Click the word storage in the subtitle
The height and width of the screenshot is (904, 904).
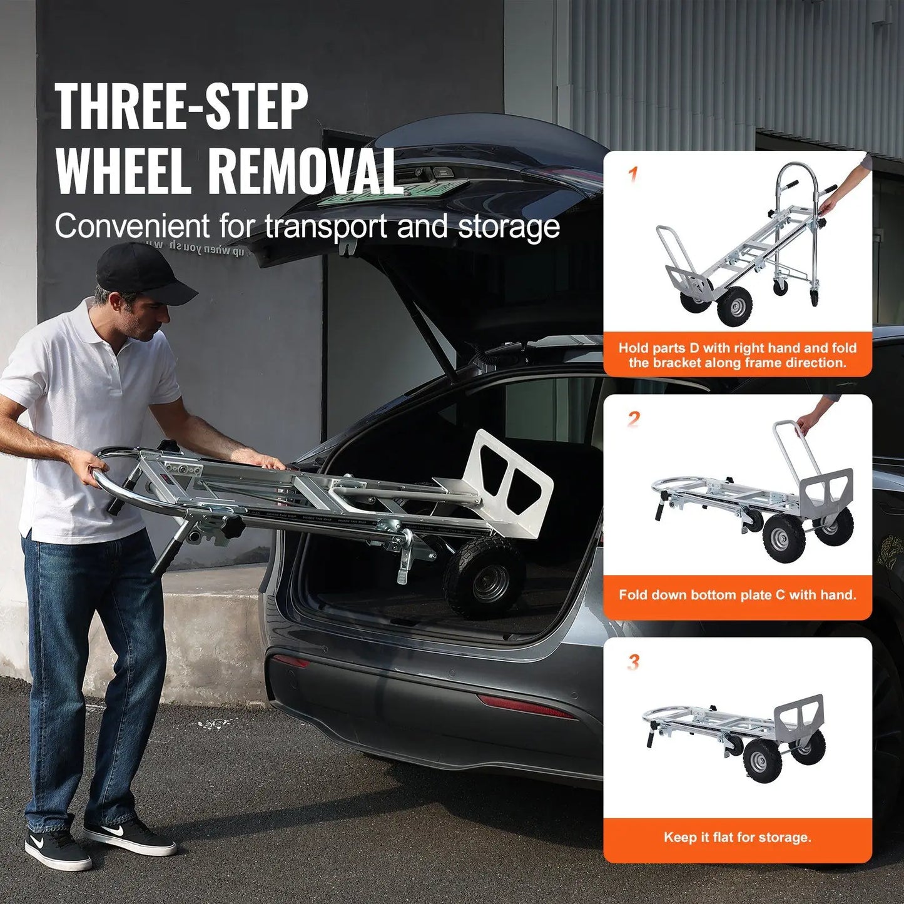509,226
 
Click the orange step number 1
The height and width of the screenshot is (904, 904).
633,174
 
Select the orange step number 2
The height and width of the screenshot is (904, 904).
634,419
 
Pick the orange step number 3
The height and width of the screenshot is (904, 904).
634,662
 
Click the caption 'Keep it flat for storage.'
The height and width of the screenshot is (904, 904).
738,838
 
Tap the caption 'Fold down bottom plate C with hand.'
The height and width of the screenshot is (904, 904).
738,595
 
